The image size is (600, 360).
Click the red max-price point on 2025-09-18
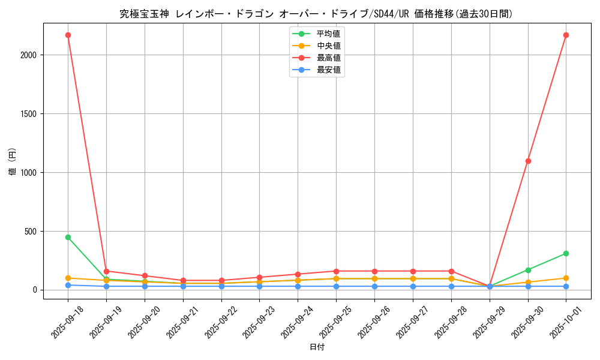click(68, 35)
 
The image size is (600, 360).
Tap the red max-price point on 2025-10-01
click(566, 35)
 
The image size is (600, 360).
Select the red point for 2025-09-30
click(528, 161)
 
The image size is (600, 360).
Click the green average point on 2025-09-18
click(68, 237)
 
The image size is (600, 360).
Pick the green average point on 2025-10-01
click(566, 253)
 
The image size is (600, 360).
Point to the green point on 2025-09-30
click(528, 270)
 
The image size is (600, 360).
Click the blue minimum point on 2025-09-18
click(68, 285)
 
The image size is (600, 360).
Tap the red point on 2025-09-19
click(106, 271)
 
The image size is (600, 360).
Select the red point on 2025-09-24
click(298, 274)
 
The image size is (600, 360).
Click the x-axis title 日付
click(317, 347)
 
